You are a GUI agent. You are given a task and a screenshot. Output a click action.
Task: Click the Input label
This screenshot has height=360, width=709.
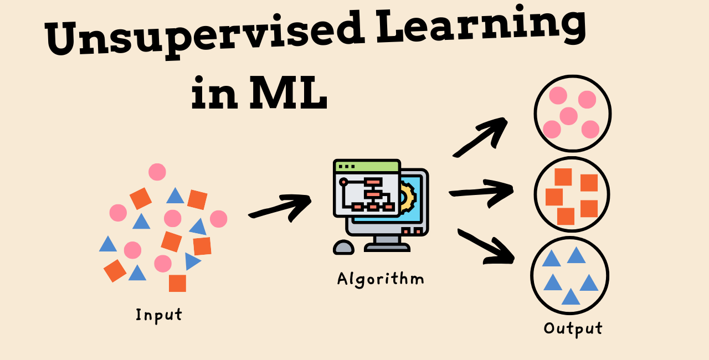coord(159,315)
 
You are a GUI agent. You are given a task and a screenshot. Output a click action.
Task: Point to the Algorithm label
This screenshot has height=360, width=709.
coord(381,278)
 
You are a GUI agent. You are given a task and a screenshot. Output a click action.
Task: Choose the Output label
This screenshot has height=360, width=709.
coord(573,328)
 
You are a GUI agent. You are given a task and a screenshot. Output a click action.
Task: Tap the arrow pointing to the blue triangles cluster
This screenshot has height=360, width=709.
coord(486,245)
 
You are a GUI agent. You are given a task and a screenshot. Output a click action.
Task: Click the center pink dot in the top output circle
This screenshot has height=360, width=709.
coord(569,116)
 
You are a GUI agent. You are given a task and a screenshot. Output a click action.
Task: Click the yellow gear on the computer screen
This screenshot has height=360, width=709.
coord(408,197)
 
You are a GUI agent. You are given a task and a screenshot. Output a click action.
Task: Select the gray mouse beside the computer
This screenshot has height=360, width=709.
coord(343,247)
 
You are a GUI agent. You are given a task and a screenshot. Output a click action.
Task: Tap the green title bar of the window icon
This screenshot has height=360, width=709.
coord(367,166)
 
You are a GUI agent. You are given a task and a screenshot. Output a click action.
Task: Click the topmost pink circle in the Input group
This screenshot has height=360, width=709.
coord(157,172)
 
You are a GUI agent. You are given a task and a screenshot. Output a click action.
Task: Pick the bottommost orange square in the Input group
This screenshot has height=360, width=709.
coord(177,283)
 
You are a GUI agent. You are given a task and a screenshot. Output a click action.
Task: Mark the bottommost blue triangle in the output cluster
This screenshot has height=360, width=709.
coord(571,297)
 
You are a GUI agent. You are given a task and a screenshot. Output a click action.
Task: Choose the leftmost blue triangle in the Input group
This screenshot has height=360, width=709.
coord(108,244)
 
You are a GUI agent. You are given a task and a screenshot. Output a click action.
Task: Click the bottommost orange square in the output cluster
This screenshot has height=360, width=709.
coord(566,216)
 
